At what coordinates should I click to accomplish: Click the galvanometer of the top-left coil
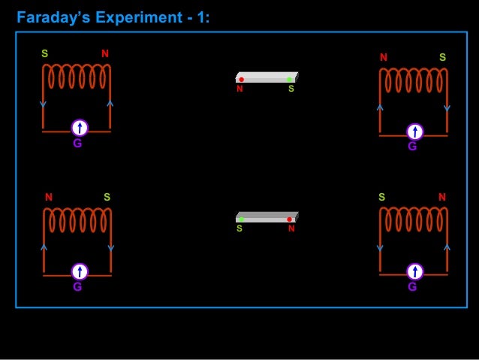(x=80, y=127)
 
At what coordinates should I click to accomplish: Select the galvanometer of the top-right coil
(x=414, y=132)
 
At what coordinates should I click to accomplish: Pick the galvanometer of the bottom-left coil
(x=80, y=271)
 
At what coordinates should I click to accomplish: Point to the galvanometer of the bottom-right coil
(x=414, y=271)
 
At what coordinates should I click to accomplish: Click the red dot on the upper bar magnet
(x=241, y=79)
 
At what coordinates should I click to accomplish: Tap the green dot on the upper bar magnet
(x=289, y=79)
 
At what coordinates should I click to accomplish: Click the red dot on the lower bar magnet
(x=289, y=219)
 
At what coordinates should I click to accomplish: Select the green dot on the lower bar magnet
(x=241, y=219)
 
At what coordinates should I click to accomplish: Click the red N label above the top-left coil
(x=105, y=54)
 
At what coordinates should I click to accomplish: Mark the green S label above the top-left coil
(x=45, y=54)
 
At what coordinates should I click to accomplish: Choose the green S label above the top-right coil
(x=442, y=58)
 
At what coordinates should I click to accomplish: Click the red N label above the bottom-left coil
(x=49, y=198)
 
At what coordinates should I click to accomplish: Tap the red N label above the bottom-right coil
(x=442, y=198)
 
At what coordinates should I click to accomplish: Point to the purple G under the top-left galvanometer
(x=77, y=143)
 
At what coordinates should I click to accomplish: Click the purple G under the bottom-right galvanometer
(x=412, y=287)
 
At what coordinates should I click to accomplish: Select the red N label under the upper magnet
(x=239, y=89)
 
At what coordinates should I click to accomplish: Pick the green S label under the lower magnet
(x=239, y=228)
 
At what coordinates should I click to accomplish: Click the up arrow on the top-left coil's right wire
(x=110, y=103)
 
